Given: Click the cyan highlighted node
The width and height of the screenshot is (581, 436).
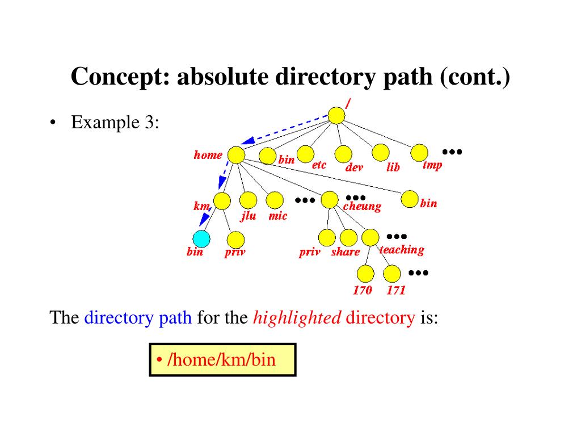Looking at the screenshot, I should (x=201, y=238).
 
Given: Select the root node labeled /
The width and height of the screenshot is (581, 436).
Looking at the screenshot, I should (x=336, y=115).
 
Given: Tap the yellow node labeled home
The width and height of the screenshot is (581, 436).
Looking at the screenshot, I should (x=235, y=155).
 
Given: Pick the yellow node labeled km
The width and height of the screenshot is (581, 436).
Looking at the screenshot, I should (x=222, y=201).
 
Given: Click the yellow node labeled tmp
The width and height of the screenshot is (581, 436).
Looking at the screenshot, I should (x=419, y=152).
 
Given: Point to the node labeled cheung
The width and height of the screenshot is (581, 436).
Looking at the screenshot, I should (x=330, y=200).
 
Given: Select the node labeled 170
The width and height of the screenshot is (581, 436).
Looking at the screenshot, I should (x=366, y=274).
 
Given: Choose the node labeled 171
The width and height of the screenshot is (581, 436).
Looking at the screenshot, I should (x=392, y=274).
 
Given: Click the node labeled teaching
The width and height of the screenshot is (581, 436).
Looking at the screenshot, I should (x=370, y=237).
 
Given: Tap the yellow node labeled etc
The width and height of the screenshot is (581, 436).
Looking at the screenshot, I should (x=305, y=153).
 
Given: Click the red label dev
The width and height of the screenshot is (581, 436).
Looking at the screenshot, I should (x=354, y=167).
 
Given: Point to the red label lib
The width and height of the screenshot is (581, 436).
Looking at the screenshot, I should (x=393, y=167).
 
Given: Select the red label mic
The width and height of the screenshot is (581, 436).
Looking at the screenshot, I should (x=278, y=216).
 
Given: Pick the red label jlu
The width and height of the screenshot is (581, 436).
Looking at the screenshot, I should (x=249, y=216).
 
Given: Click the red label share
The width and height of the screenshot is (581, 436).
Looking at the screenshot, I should (x=346, y=252).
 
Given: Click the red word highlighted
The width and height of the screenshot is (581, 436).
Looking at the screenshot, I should (x=297, y=317).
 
